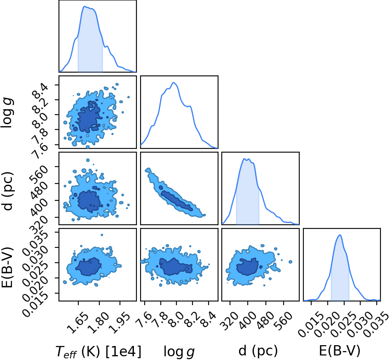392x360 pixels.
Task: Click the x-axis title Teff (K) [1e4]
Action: click(99, 351)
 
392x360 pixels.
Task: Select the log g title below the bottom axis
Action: click(179, 352)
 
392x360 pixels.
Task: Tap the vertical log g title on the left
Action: click(7, 113)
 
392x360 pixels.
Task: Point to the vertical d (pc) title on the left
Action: click(7, 191)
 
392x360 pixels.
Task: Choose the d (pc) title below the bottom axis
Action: click(258, 351)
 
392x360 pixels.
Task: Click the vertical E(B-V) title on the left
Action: click(7, 267)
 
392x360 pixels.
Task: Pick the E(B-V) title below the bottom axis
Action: click(340, 351)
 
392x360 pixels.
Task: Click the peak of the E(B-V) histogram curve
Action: click(340, 235)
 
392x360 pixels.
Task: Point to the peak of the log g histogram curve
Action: click(174, 82)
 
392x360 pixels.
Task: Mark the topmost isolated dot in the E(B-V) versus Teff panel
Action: click(102, 235)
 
